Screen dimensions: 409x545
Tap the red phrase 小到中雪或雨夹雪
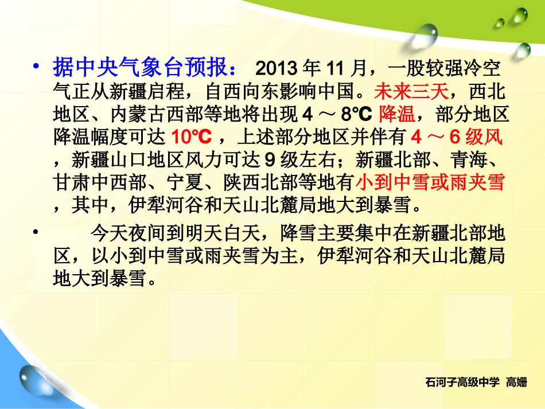(x=430, y=183)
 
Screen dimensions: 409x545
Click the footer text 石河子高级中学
(x=464, y=381)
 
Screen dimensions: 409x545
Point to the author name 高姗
(x=516, y=381)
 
